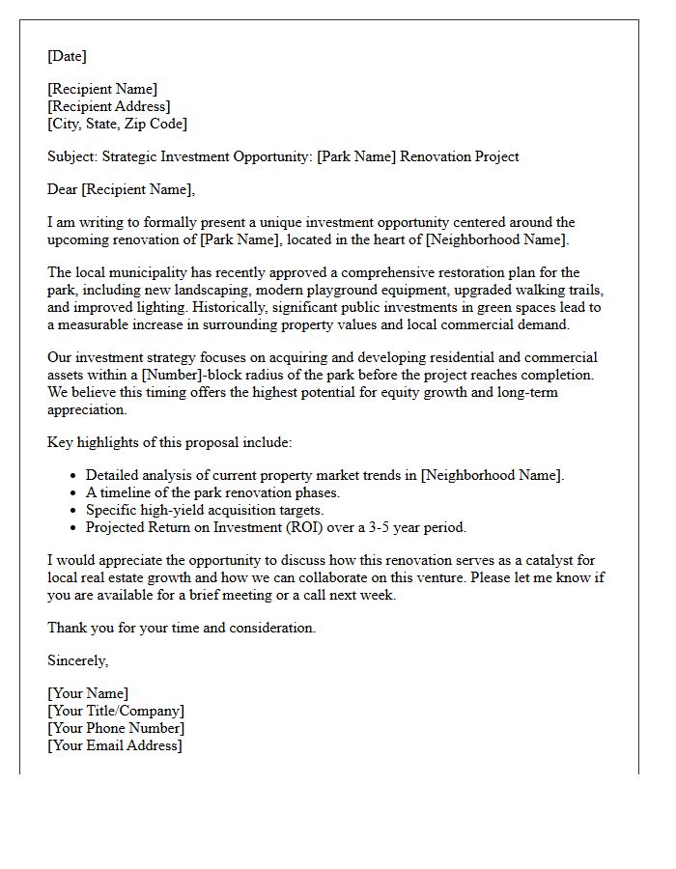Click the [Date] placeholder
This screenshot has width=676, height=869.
[x=67, y=56]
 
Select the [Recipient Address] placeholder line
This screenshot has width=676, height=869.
[x=109, y=106]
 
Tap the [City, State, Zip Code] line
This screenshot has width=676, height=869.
[x=117, y=124]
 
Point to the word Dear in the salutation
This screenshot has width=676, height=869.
[x=64, y=189]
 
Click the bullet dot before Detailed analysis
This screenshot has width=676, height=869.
[x=74, y=476]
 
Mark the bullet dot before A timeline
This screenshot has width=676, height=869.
[x=74, y=493]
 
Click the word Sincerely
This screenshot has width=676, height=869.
[x=77, y=660]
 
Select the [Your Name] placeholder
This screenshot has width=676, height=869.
[x=88, y=693]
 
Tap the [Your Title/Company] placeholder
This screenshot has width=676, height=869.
[x=116, y=711]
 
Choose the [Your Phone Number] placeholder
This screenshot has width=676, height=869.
[x=116, y=728]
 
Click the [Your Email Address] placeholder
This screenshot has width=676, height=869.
[x=115, y=745]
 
